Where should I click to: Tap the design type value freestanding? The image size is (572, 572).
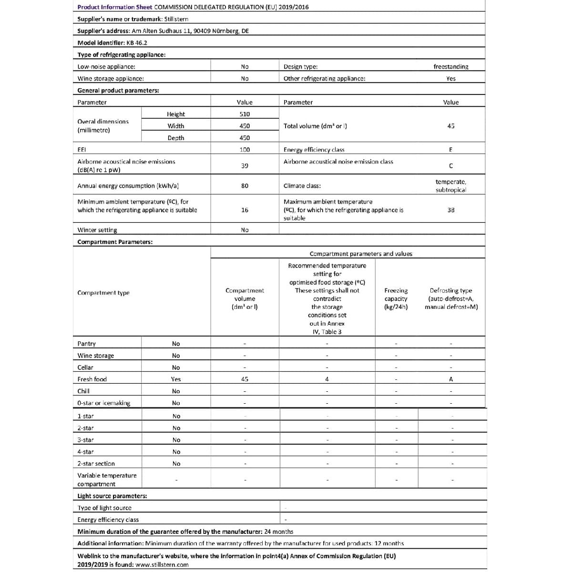450,67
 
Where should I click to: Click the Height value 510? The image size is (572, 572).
245,114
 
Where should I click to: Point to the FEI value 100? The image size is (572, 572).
245,150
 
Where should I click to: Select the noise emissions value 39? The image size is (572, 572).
245,166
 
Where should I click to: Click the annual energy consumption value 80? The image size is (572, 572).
245,186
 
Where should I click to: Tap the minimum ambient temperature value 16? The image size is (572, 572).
245,210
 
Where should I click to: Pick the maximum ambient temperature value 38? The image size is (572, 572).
450,210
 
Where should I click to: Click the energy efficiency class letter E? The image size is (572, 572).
450,150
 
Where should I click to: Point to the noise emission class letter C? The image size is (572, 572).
450,166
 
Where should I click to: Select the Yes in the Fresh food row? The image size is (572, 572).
176,379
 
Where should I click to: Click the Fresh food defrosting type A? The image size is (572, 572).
450,379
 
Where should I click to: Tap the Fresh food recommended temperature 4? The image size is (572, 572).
327,379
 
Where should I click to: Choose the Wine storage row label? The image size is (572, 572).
96,356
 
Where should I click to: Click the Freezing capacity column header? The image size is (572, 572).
396,298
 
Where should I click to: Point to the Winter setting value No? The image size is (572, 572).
245,230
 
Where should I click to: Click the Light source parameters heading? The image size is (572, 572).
112,496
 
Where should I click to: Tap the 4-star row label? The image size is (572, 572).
86,452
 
